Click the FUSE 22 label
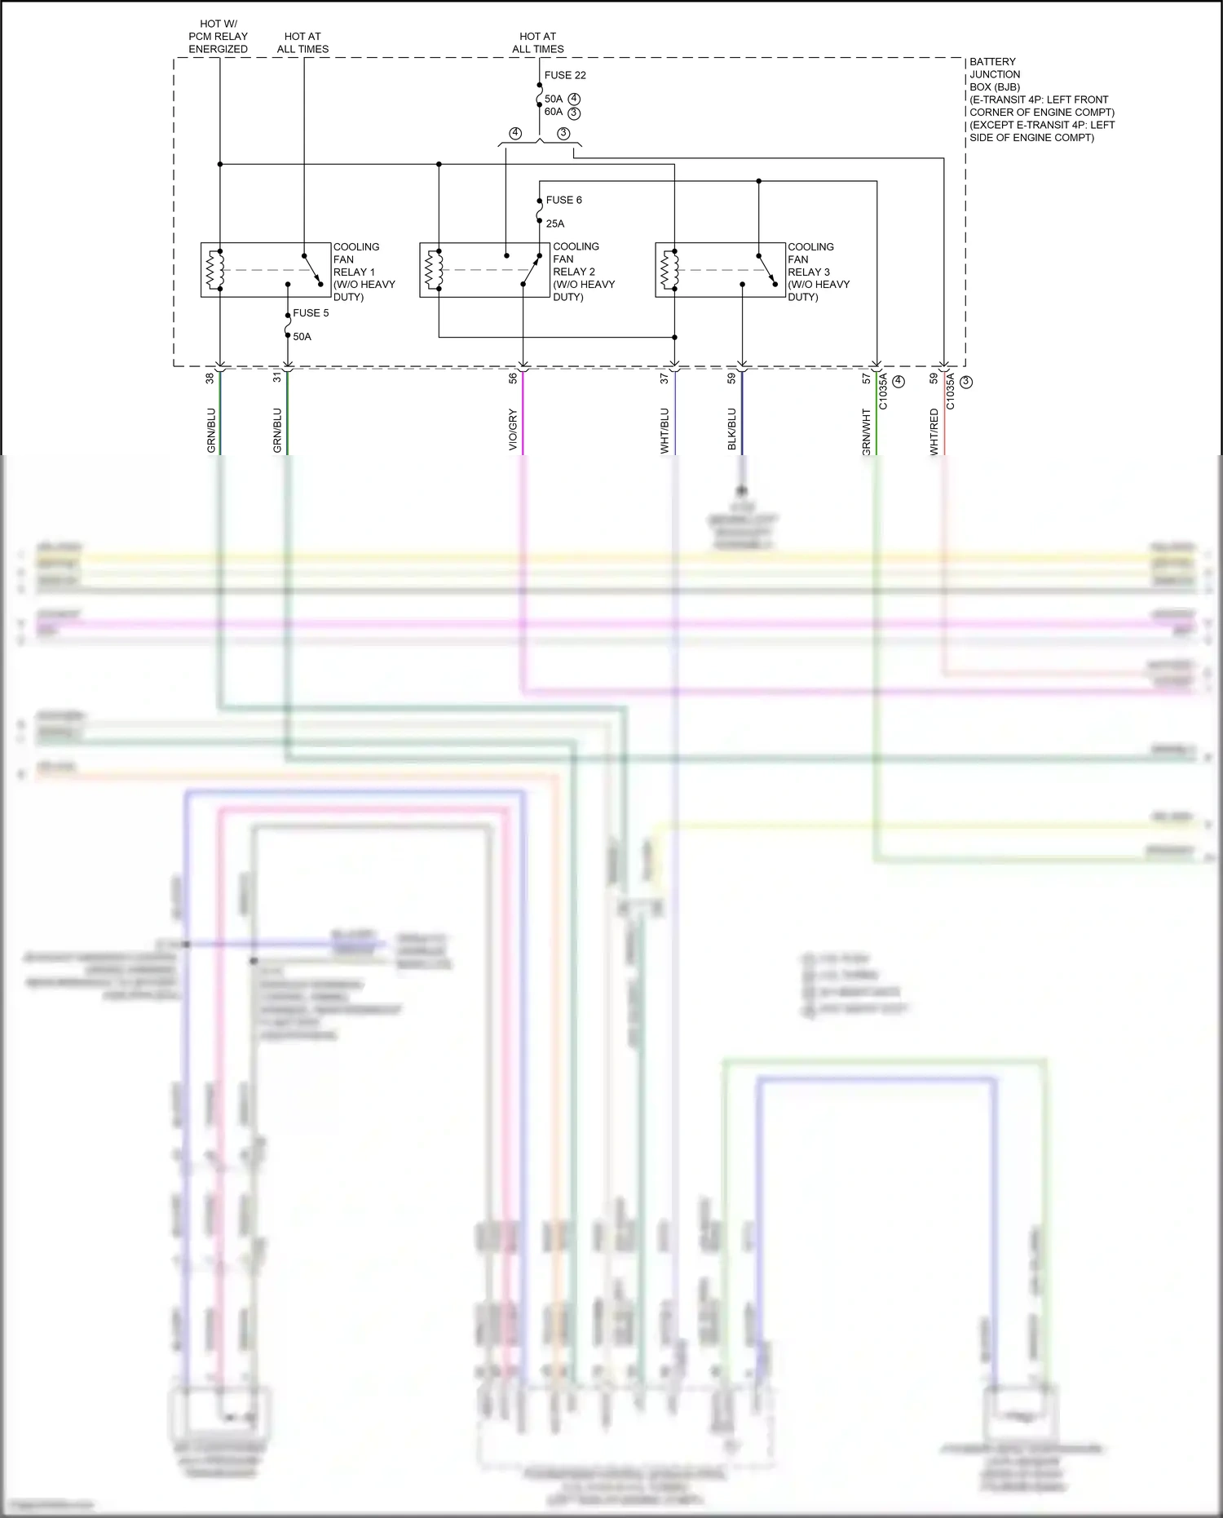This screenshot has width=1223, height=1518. point(564,75)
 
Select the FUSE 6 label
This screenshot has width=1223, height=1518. point(563,200)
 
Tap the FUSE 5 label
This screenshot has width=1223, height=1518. point(311,313)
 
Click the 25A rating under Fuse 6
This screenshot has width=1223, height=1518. point(555,223)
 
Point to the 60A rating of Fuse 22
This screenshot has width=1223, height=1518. point(554,112)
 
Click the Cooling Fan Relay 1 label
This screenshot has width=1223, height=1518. point(364,272)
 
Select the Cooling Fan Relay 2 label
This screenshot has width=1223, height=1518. point(583,272)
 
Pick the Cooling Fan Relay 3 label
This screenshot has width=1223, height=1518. point(818,272)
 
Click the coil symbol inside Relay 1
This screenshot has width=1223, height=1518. point(215,270)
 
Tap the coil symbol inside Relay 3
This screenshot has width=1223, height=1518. point(669,270)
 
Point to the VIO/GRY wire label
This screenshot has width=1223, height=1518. point(513,429)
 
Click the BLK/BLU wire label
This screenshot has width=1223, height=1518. point(731,429)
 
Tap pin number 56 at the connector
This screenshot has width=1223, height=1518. point(513,378)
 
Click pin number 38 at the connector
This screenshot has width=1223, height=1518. point(210,378)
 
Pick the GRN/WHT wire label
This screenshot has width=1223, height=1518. point(866,432)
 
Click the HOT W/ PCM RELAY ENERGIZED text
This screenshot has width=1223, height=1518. point(218,37)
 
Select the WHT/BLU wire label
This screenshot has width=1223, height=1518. point(664,430)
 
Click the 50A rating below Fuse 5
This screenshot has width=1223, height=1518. point(302,337)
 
